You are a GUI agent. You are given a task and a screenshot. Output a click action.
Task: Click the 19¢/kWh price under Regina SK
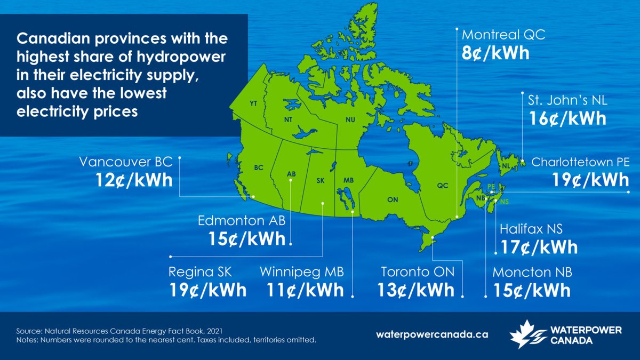tap(207, 290)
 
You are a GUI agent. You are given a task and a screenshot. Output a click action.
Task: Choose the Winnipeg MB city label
tap(302, 272)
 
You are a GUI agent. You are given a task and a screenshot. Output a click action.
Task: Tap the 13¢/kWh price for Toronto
tap(418, 290)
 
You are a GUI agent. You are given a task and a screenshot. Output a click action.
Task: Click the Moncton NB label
tap(532, 272)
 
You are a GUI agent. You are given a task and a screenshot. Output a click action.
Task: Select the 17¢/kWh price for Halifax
tap(539, 247)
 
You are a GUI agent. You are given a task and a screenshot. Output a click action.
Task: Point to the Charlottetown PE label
tap(580, 162)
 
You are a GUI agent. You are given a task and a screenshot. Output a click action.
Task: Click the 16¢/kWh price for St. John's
tap(567, 118)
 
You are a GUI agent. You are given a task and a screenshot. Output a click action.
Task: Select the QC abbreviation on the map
tap(443, 186)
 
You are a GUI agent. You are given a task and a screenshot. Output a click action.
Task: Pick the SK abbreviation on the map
tap(321, 180)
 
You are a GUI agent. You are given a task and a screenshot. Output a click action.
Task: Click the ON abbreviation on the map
tap(393, 199)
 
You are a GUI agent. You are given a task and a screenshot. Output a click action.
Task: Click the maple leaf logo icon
tap(526, 333)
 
